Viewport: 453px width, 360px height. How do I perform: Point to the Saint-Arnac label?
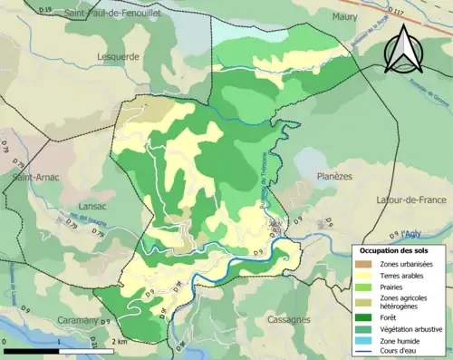coord(35,178)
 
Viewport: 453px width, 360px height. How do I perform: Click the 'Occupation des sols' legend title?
coord(397,249)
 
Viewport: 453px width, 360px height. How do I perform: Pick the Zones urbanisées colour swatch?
coord(364,264)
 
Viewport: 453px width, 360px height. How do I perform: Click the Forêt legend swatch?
coord(364,317)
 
